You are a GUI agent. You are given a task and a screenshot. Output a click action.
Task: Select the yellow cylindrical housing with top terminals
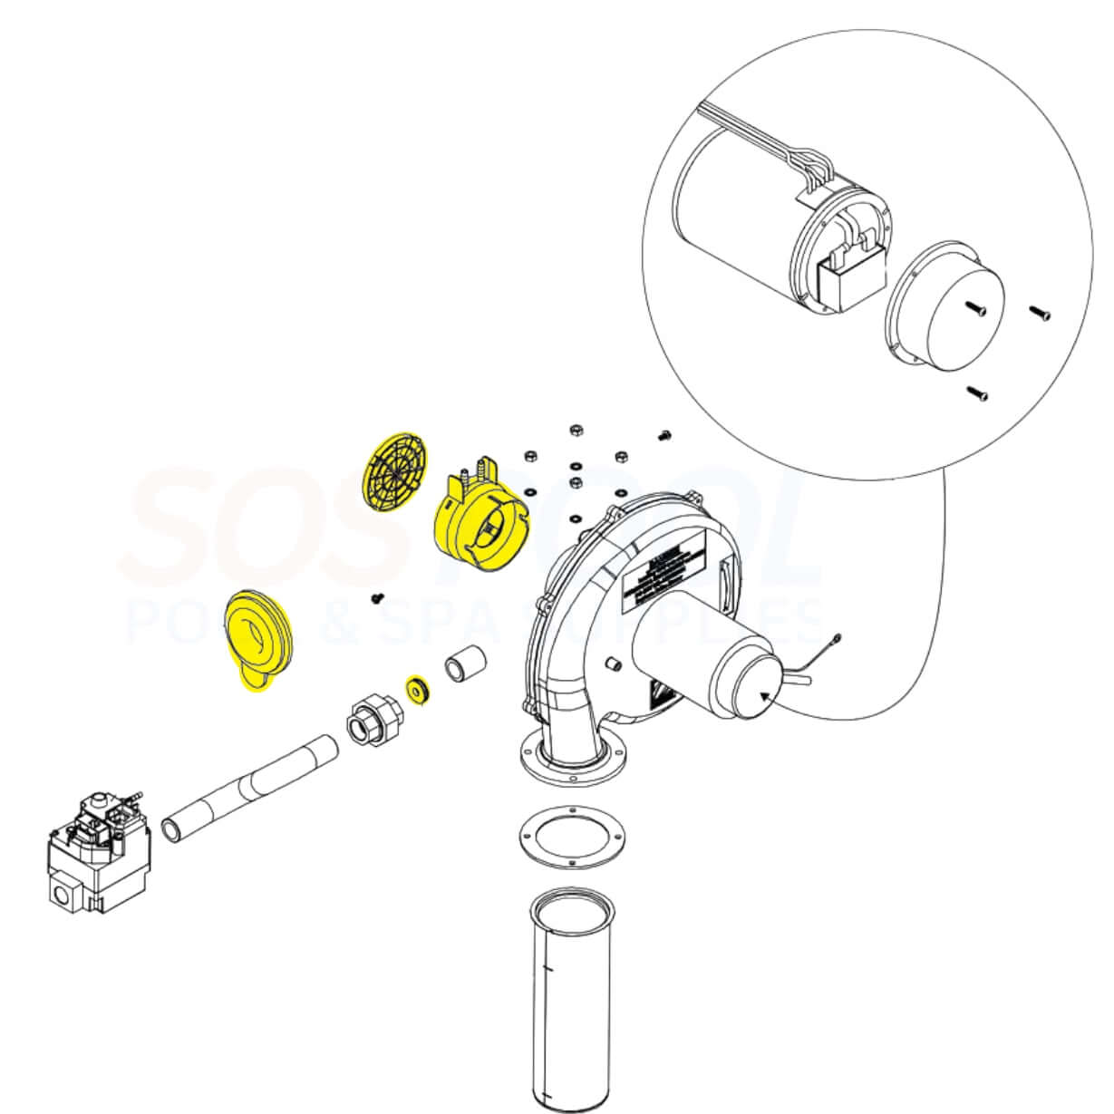tap(478, 528)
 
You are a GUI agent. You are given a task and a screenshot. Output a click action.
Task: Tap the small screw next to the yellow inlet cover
tap(378, 598)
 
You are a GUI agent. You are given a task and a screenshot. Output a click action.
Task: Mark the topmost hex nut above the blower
tap(575, 429)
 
